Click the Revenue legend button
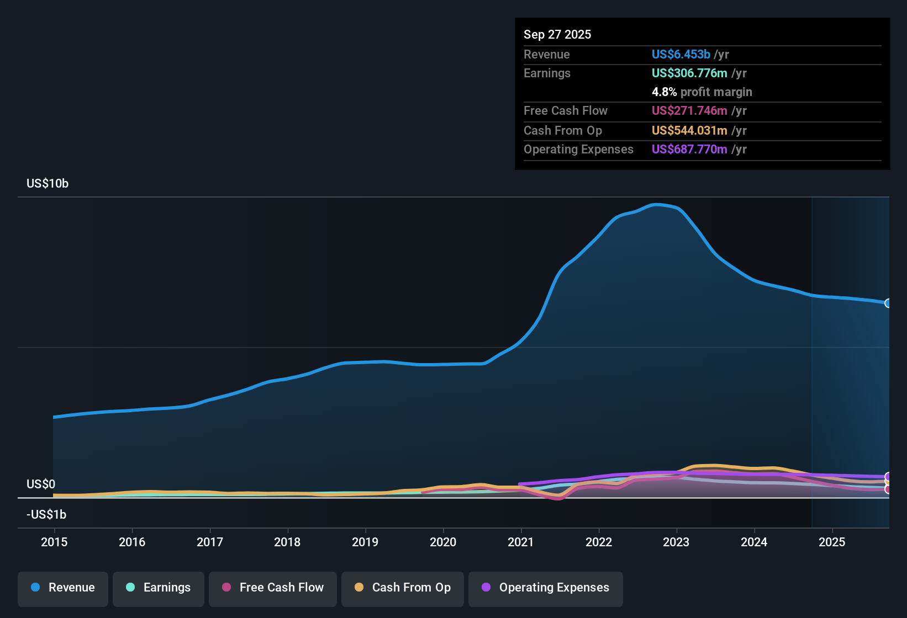click(63, 588)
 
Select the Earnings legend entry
click(159, 588)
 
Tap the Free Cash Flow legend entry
click(273, 588)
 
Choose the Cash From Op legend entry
click(403, 588)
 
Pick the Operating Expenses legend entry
click(546, 588)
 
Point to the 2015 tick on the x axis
click(54, 542)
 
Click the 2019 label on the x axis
click(365, 542)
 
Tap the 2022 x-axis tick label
click(599, 542)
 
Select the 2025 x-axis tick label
click(832, 542)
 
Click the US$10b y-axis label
click(48, 184)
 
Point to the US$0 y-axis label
click(41, 484)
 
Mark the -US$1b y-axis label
click(46, 514)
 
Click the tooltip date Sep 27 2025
click(557, 34)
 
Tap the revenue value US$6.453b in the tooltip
click(681, 54)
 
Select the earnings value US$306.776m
click(689, 73)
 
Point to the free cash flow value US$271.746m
click(689, 110)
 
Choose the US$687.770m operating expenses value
click(689, 149)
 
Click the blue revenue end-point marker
click(888, 303)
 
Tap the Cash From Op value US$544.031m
click(689, 130)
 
